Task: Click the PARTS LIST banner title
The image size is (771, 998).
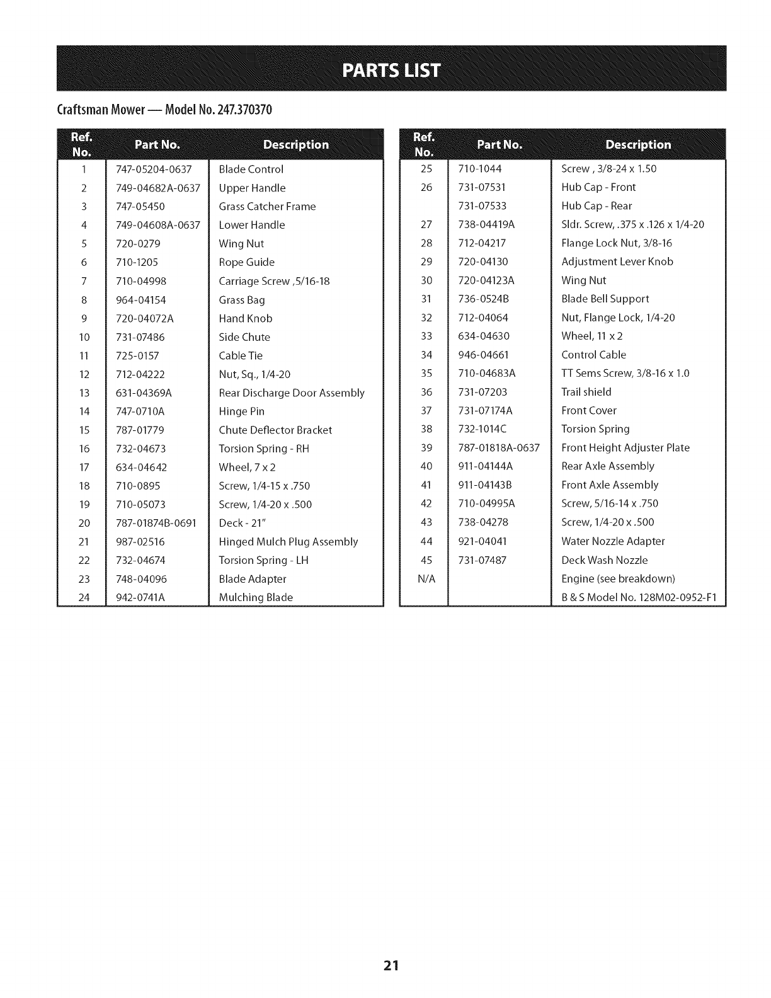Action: tap(391, 69)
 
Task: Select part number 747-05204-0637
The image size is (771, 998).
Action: tap(154, 169)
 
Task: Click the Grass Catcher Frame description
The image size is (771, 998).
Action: tap(267, 207)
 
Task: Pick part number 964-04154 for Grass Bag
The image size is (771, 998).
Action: tap(141, 300)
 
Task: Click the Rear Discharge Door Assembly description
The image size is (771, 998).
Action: tap(292, 393)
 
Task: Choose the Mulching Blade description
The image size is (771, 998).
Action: tap(256, 597)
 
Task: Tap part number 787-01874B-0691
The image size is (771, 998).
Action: tap(156, 523)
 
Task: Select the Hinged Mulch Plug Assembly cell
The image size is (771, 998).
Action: tap(288, 542)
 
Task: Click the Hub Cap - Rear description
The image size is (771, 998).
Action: tap(597, 206)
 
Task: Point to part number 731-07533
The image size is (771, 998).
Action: tap(483, 206)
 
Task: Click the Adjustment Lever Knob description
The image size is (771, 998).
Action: tap(617, 261)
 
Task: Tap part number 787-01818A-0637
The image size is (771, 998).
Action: tap(499, 448)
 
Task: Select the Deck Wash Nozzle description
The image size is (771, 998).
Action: tap(604, 560)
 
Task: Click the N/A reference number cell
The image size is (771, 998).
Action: tap(426, 579)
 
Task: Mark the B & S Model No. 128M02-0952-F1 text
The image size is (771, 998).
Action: tap(639, 597)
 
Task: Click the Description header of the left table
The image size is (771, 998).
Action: tap(296, 145)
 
